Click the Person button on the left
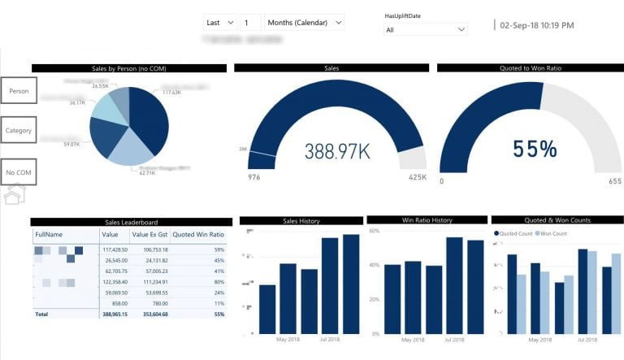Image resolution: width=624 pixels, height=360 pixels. click(x=19, y=91)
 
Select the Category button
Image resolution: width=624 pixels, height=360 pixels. click(x=19, y=130)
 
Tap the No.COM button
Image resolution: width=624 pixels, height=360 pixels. click(x=19, y=172)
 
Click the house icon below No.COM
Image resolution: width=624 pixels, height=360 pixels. click(x=15, y=195)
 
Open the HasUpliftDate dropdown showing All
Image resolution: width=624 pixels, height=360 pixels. click(x=427, y=29)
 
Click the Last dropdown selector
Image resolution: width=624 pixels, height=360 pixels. click(x=219, y=23)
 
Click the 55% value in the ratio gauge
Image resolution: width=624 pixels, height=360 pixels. click(x=535, y=149)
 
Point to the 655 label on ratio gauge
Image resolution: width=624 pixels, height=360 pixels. click(x=614, y=181)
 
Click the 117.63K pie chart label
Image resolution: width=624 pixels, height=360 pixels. click(x=171, y=92)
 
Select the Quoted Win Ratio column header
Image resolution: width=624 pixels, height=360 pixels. click(x=198, y=234)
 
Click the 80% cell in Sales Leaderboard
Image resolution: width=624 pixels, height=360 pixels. click(x=219, y=280)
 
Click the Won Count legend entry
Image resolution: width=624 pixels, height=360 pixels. click(x=552, y=233)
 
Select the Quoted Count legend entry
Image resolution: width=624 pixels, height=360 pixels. click(x=514, y=233)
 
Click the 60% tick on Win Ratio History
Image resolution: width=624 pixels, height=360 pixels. click(x=375, y=231)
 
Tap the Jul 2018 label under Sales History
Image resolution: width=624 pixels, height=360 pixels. click(x=330, y=340)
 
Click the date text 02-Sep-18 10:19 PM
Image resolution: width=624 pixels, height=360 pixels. click(x=537, y=25)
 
